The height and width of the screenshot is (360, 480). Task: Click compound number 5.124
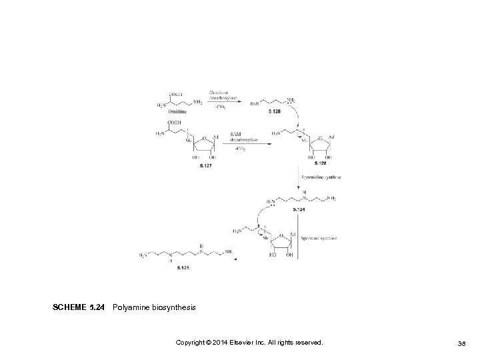pyautogui.click(x=300, y=209)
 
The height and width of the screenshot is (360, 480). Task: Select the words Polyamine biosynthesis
pyautogui.click(x=155, y=307)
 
